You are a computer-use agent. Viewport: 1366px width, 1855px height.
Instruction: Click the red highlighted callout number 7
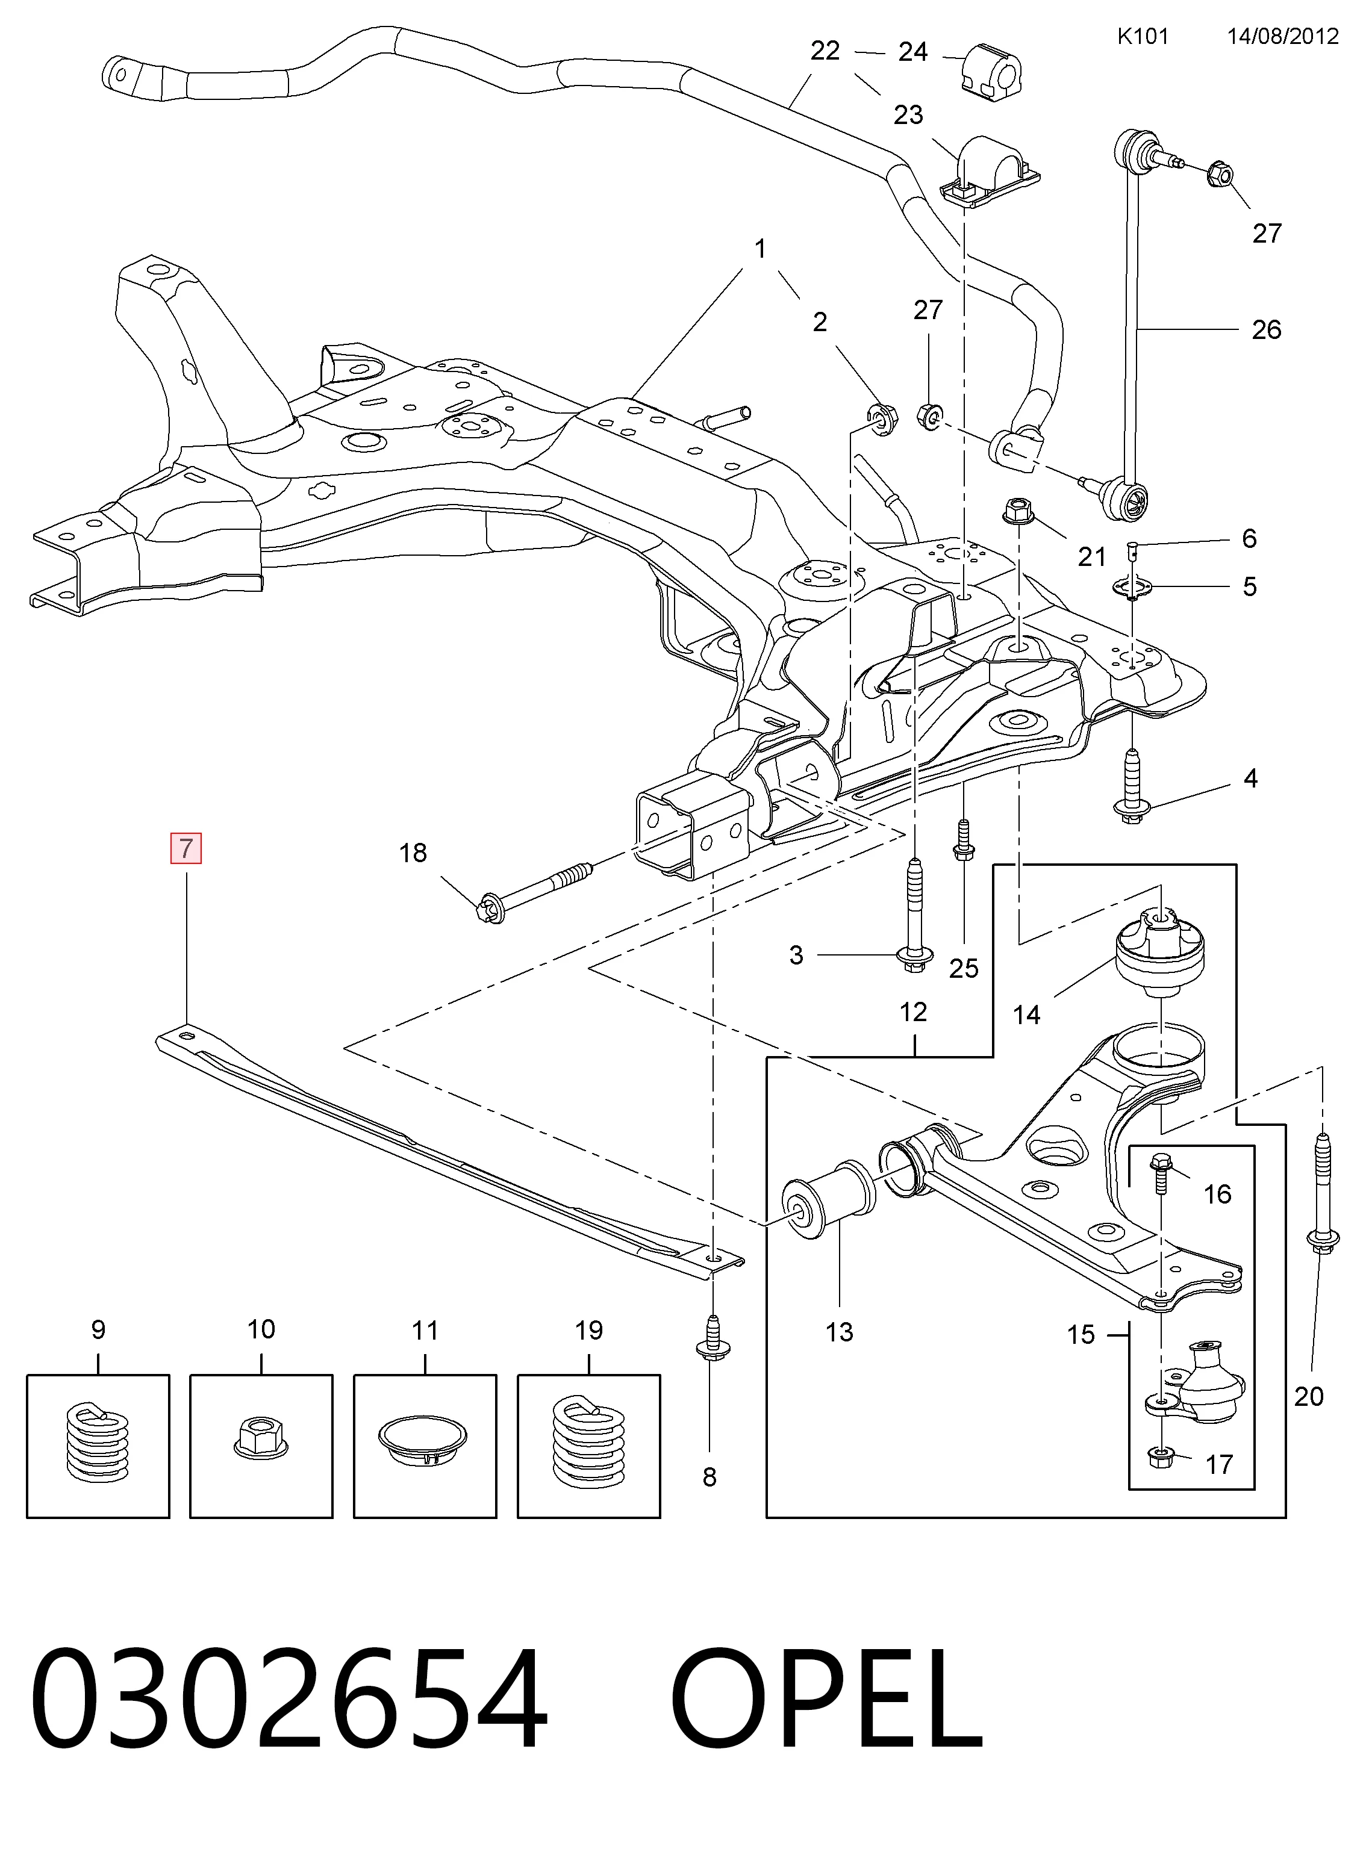[186, 848]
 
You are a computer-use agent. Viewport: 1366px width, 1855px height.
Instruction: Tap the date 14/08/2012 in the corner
[1282, 36]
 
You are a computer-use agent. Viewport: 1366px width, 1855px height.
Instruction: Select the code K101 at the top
[1143, 36]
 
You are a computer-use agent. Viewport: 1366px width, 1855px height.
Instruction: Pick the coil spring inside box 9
[98, 1443]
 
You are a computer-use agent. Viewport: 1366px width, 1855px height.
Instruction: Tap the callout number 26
[1266, 330]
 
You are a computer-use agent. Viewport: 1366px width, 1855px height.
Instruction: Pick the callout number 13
[839, 1332]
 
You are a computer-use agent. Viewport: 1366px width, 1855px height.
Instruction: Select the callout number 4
[1250, 778]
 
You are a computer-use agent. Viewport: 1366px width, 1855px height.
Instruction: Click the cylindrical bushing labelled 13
[828, 1201]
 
